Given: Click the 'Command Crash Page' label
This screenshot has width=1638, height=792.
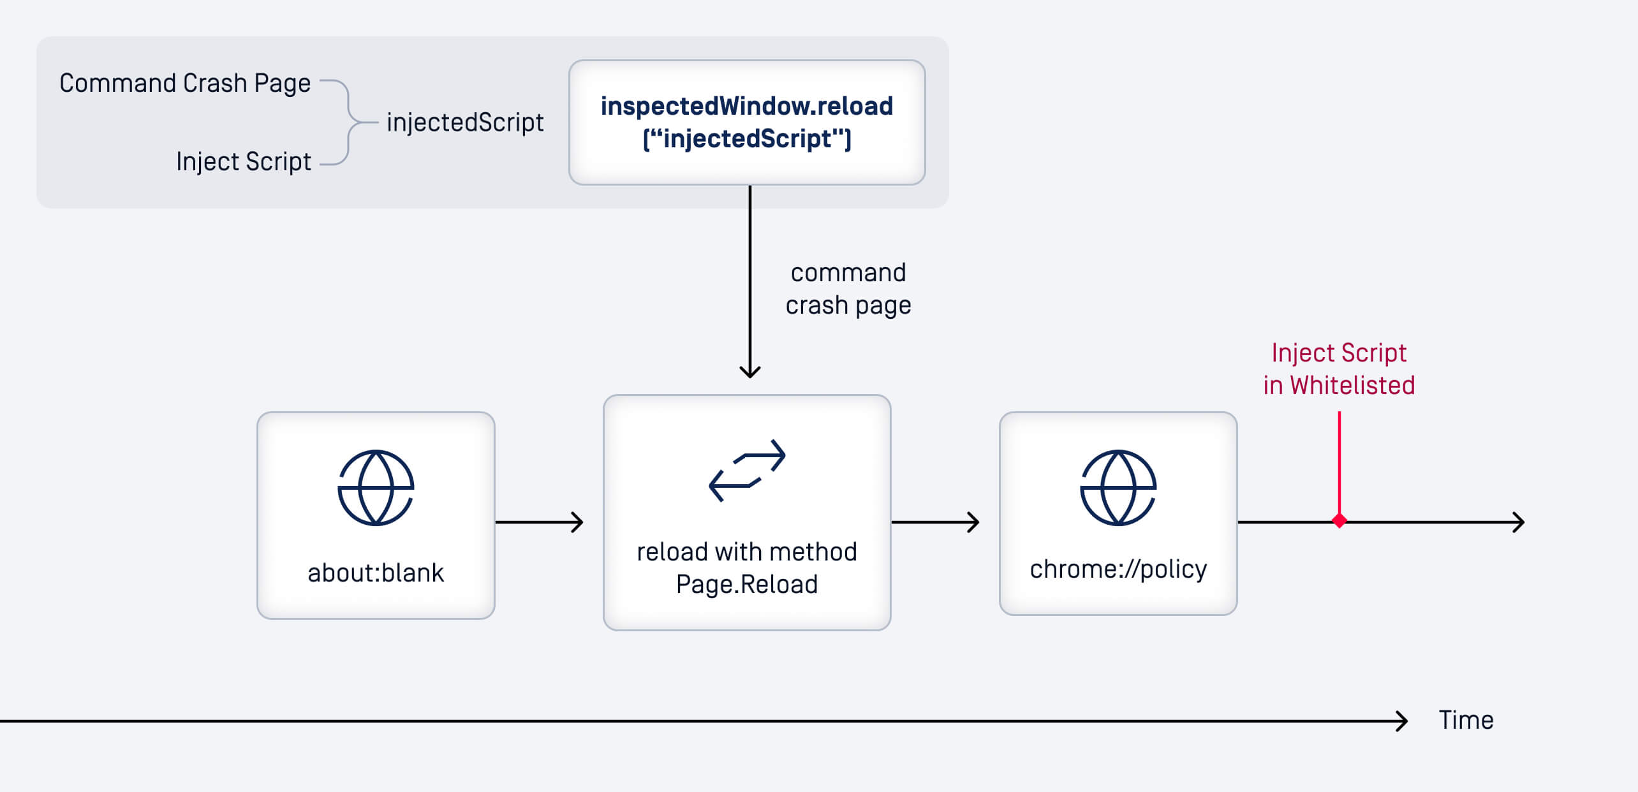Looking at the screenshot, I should [x=185, y=84].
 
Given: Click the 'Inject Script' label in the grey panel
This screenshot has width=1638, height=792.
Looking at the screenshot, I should [x=244, y=161].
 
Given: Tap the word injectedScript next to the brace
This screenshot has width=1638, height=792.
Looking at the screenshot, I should [x=465, y=122].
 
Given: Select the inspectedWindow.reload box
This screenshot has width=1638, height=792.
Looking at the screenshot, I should [x=746, y=122].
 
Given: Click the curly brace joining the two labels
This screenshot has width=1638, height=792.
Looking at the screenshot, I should [x=348, y=122].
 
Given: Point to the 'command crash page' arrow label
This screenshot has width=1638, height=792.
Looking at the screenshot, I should [x=848, y=289].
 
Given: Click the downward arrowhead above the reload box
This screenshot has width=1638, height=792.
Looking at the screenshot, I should [x=750, y=370].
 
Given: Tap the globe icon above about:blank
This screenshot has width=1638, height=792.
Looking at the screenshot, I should [x=376, y=488].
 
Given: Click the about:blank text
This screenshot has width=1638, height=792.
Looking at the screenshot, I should [x=376, y=573].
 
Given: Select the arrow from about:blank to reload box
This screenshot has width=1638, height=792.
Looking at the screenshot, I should [x=539, y=522].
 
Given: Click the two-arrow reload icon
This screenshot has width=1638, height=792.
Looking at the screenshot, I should [x=747, y=471].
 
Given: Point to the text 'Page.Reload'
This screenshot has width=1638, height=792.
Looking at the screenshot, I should [x=747, y=584].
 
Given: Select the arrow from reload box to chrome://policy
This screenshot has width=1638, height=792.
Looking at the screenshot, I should [x=935, y=522].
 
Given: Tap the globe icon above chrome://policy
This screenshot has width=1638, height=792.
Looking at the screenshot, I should [x=1118, y=488].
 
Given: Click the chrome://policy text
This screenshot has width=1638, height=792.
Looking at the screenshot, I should [x=1118, y=569].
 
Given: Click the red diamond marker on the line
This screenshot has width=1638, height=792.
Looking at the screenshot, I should [x=1339, y=521].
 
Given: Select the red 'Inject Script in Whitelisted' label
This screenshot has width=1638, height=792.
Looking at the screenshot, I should [x=1339, y=369].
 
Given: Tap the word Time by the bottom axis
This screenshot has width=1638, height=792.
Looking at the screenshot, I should [x=1466, y=720].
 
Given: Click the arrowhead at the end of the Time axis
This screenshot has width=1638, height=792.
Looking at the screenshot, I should [x=1401, y=721].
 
